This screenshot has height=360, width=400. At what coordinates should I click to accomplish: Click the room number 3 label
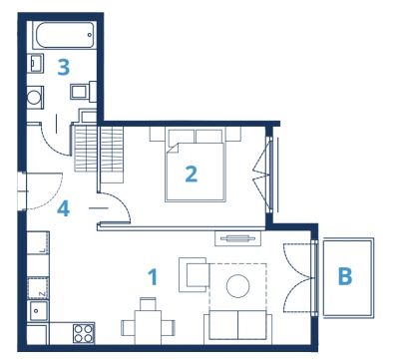(x=64, y=67)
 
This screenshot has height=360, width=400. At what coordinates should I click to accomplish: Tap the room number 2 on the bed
(x=192, y=174)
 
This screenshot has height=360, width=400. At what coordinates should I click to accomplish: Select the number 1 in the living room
(x=153, y=277)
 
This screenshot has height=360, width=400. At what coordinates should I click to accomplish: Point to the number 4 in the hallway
(x=63, y=208)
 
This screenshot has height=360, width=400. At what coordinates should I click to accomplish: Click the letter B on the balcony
(x=345, y=276)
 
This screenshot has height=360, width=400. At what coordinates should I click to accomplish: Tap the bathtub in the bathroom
(x=65, y=35)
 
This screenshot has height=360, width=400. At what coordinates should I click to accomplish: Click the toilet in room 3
(x=83, y=91)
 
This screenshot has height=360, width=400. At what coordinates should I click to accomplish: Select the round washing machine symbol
(x=35, y=97)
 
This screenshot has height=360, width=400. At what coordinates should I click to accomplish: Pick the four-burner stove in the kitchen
(x=84, y=333)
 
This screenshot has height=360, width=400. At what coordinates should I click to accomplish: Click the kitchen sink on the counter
(x=39, y=311)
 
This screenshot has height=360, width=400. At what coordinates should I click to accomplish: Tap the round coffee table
(x=238, y=286)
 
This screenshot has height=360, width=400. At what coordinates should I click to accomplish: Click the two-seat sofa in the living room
(x=237, y=326)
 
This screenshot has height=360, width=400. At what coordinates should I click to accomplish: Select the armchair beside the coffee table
(x=195, y=275)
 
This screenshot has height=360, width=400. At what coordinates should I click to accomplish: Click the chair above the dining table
(x=148, y=304)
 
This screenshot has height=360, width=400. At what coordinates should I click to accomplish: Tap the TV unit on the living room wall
(x=237, y=238)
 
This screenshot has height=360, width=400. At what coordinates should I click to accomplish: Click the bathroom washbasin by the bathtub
(x=36, y=63)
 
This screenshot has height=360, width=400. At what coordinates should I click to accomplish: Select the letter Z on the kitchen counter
(x=42, y=294)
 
